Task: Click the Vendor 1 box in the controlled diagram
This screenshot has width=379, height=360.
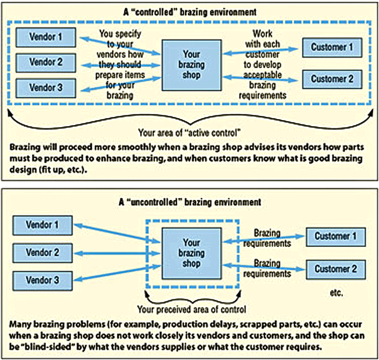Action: click(x=46, y=37)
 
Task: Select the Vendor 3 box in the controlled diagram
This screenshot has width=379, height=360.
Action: click(x=46, y=88)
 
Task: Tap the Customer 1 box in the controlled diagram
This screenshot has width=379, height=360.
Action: click(x=332, y=47)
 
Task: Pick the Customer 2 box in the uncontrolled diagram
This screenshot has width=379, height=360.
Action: click(x=336, y=269)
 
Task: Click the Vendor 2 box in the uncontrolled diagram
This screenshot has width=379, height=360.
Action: click(x=42, y=253)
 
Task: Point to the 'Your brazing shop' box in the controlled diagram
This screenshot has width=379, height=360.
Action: click(x=192, y=65)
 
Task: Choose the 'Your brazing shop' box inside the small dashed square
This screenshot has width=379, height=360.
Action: click(x=192, y=254)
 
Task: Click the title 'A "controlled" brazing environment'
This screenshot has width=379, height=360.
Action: click(x=189, y=12)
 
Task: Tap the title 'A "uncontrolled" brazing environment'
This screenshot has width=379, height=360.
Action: click(x=190, y=202)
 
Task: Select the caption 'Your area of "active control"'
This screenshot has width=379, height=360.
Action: click(x=189, y=133)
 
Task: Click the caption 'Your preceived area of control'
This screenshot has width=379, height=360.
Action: click(x=192, y=309)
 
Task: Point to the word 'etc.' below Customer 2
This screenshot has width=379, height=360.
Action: click(x=336, y=293)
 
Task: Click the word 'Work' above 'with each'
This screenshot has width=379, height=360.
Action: click(x=263, y=33)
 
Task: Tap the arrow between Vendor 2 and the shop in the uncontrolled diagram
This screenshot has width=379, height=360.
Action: click(x=117, y=254)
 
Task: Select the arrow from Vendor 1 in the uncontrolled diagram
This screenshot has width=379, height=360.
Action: click(x=117, y=233)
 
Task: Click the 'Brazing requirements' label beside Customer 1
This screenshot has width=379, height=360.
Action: click(x=267, y=238)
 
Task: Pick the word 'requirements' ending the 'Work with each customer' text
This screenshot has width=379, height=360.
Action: click(x=263, y=95)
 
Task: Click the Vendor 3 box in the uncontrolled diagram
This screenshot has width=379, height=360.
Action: click(x=42, y=280)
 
